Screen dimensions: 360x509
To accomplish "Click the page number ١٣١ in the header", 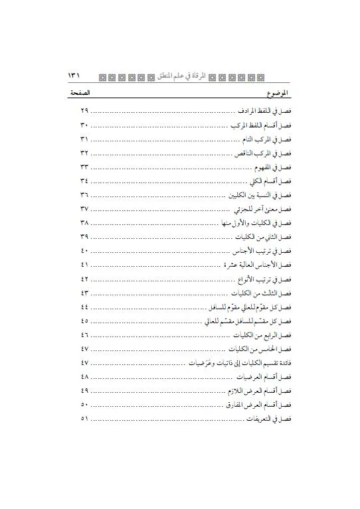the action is [x=74, y=76].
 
